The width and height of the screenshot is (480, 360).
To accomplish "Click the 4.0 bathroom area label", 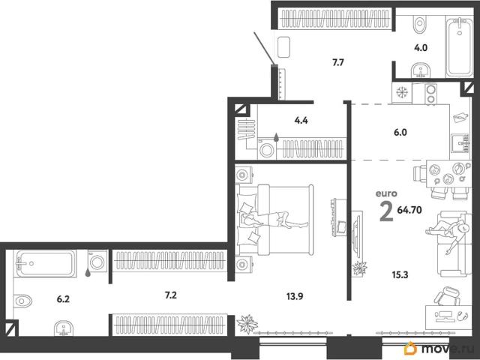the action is tap(421, 48).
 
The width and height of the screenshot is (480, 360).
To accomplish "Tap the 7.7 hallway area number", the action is tap(338, 63).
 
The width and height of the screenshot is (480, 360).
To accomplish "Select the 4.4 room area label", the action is tap(301, 121).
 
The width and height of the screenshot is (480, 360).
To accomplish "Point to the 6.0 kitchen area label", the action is tap(400, 133).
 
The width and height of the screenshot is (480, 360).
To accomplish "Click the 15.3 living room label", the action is tap(400, 275).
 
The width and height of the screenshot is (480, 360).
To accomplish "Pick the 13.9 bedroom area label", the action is tap(295, 296).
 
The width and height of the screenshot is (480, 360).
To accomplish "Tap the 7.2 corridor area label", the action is tap(170, 295).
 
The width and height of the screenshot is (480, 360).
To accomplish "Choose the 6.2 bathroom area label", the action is tap(63, 299).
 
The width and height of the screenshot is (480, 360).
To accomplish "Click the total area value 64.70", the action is tap(409, 210).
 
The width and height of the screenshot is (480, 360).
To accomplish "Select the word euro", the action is tap(386, 193).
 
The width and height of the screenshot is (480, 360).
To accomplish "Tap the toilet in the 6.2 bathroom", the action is tap(22, 301).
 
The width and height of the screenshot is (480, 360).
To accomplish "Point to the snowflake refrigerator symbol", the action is tap(402, 92).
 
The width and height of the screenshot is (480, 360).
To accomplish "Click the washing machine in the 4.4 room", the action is tap(267, 149).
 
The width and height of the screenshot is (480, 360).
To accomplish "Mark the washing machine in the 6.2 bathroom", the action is tap(97, 262).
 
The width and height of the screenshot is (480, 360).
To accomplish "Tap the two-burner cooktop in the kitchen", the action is tap(430, 94).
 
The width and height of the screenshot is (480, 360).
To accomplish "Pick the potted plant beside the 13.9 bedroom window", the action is tap(247, 324).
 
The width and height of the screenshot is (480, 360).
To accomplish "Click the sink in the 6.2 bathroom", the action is tap(64, 328).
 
